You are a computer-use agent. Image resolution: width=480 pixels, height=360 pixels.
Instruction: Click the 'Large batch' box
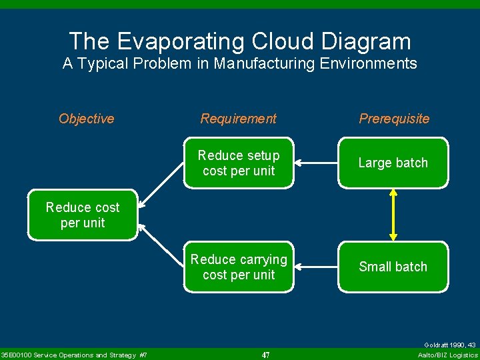click(x=393, y=163)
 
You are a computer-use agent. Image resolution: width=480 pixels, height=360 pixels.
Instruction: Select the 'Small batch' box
click(x=393, y=267)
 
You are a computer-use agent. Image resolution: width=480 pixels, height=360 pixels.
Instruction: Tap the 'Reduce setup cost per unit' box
click(x=239, y=163)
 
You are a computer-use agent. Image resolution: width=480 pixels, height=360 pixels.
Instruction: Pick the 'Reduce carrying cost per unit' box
click(x=239, y=267)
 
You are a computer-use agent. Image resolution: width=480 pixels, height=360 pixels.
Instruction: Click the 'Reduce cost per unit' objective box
click(x=83, y=215)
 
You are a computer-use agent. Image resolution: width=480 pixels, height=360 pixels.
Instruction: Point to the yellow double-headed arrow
click(x=393, y=215)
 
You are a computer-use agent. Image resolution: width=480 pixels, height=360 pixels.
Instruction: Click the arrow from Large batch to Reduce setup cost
click(x=316, y=163)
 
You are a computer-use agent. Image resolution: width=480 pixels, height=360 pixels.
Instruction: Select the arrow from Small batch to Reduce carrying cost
click(x=316, y=267)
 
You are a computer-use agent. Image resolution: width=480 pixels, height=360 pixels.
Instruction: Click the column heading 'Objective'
click(x=87, y=119)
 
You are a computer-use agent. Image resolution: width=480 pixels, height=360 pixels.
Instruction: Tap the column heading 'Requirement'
click(x=239, y=119)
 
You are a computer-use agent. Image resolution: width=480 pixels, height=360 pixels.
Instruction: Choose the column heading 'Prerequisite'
click(x=394, y=119)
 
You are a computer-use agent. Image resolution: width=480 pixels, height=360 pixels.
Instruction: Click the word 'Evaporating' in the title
click(x=183, y=41)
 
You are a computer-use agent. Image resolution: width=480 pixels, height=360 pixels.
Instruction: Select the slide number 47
click(x=265, y=355)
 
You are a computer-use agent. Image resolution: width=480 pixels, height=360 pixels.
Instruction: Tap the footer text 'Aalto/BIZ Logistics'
click(x=447, y=355)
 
